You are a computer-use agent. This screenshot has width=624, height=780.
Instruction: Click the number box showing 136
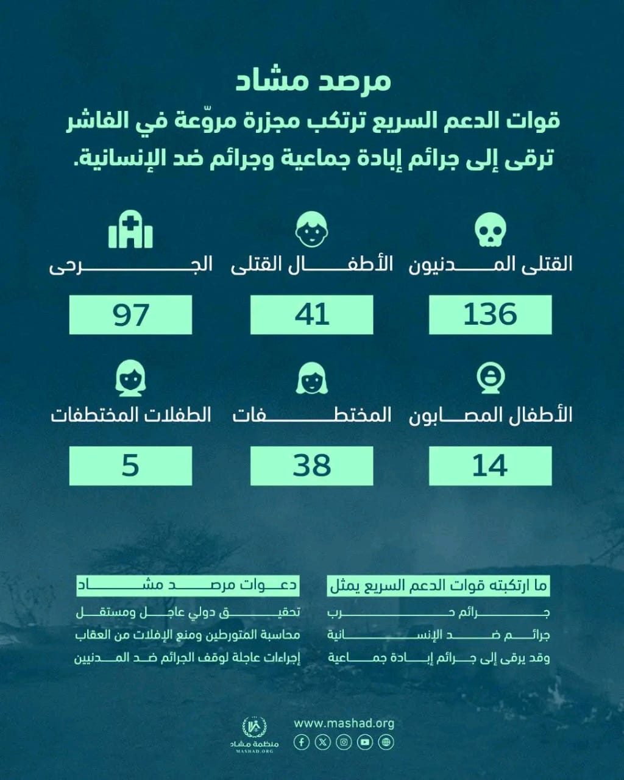coord(490,314)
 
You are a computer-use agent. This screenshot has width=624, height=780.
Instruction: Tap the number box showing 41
coord(311,314)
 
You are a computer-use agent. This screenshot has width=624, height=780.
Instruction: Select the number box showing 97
coord(130,314)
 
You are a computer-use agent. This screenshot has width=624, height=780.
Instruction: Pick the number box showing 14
coord(490,466)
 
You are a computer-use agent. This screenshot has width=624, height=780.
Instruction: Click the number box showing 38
coord(311,466)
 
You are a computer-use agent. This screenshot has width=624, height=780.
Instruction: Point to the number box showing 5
coord(130,466)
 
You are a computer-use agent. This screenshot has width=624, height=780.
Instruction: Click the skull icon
coord(491,230)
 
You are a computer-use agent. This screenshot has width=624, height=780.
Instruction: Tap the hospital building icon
coord(130,230)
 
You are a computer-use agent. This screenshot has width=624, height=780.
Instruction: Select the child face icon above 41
coord(311,230)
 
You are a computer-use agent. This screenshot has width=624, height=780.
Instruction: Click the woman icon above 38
coord(311,379)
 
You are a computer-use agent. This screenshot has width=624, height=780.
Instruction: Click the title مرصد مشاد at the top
coord(313,81)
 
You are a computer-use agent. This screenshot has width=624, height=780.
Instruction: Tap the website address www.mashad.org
coord(344,723)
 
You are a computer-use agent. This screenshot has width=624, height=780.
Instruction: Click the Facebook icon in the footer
coord(302,742)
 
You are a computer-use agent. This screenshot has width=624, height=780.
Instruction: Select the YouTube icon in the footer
coord(365,742)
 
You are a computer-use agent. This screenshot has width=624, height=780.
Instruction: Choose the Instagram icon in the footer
coord(344,742)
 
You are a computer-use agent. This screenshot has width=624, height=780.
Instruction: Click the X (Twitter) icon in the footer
coord(323,742)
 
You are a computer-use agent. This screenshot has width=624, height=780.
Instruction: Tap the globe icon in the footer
coord(386,742)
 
